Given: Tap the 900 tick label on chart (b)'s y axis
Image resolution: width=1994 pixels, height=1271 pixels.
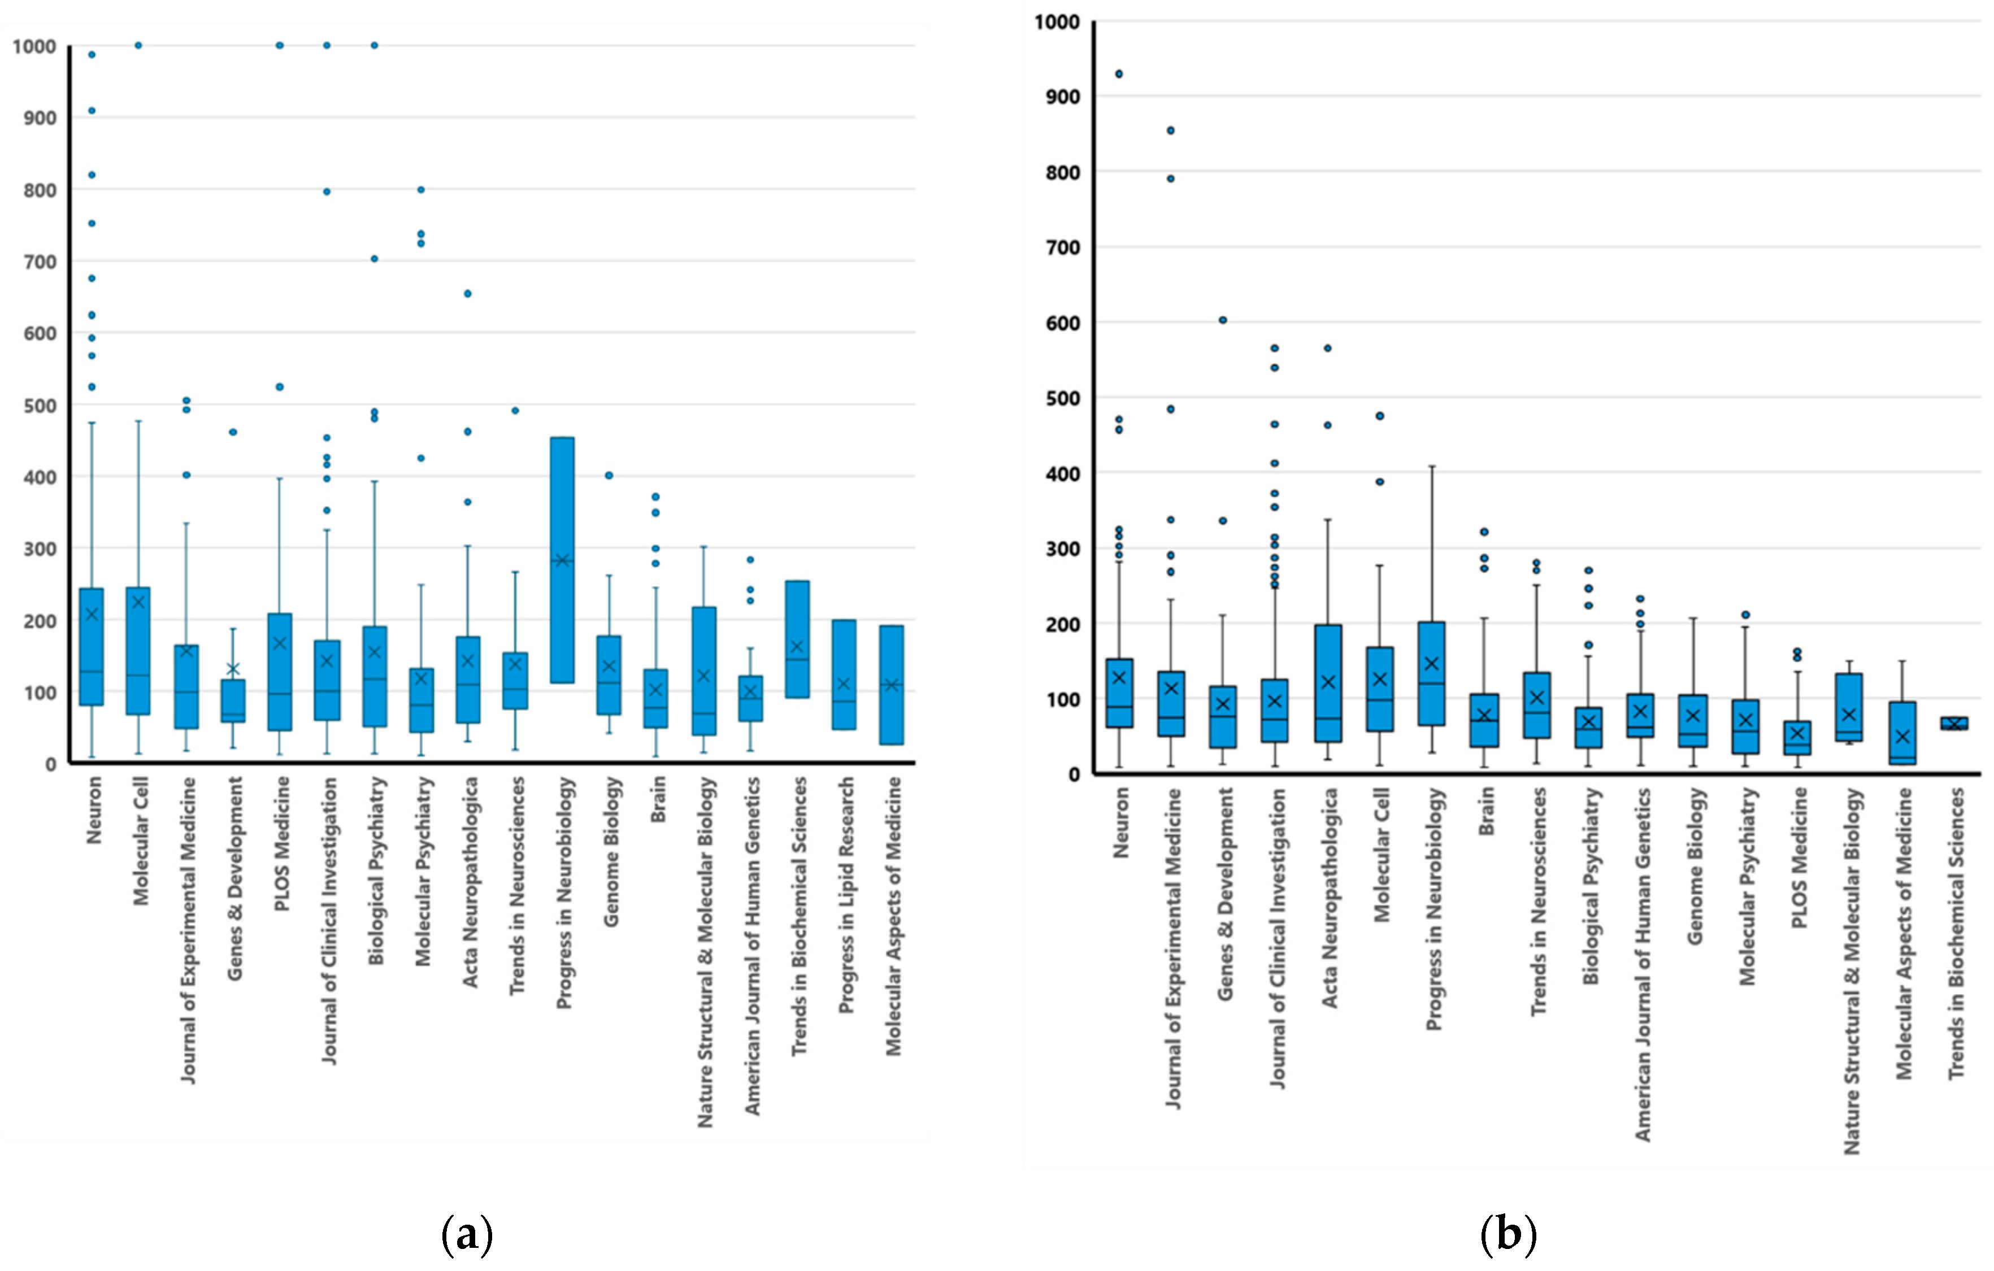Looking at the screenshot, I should (x=1062, y=97).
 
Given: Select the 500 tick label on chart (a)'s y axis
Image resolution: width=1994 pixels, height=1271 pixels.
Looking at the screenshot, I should (x=40, y=406).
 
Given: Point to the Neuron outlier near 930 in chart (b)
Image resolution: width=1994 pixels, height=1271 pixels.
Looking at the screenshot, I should (x=1119, y=73).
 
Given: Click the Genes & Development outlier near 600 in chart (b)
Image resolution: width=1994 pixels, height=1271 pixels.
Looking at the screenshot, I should (x=1223, y=320).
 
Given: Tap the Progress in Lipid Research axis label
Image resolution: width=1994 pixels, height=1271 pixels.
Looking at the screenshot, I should (x=845, y=894).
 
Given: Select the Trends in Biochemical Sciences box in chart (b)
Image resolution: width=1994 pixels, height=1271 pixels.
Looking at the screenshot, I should (x=1954, y=723).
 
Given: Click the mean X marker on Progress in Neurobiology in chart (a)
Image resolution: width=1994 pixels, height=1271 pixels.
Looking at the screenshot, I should (x=562, y=560).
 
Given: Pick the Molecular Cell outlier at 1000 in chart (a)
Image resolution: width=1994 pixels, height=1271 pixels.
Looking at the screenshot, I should (x=138, y=46).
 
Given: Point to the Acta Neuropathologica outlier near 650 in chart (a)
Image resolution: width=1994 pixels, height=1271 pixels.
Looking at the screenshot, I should (x=467, y=293).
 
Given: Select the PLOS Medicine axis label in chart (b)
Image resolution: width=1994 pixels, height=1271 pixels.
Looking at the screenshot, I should (x=1798, y=857).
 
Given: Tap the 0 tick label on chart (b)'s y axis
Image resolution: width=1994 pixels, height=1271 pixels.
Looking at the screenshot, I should (x=1074, y=775).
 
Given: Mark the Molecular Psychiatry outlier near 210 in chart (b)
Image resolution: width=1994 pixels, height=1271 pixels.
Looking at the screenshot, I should (x=1745, y=615).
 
